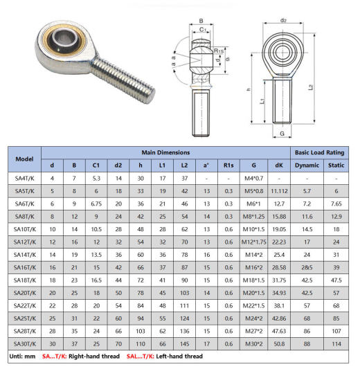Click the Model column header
pos(24,159)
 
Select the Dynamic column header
pos(307,165)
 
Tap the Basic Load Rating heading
pos(319,152)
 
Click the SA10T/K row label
pos(25,229)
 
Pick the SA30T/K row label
pos(25,344)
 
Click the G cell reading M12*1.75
pos(253,242)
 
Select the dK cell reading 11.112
pos(279,191)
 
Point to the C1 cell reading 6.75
pos(96,204)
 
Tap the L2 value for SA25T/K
pos(184,318)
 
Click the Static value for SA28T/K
pos(336,331)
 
